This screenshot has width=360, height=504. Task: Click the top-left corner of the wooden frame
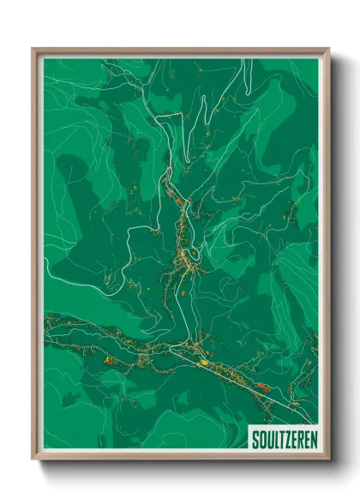(x=33, y=49)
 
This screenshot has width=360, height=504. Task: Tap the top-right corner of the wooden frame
(x=328, y=49)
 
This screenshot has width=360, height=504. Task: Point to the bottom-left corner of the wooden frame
(x=33, y=460)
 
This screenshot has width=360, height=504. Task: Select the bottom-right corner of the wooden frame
(x=328, y=460)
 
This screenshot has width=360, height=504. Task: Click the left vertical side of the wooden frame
(x=35, y=257)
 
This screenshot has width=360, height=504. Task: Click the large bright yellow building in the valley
(x=204, y=362)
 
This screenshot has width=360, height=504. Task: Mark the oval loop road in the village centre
(x=194, y=254)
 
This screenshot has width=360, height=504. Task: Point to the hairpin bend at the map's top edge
(x=155, y=62)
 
